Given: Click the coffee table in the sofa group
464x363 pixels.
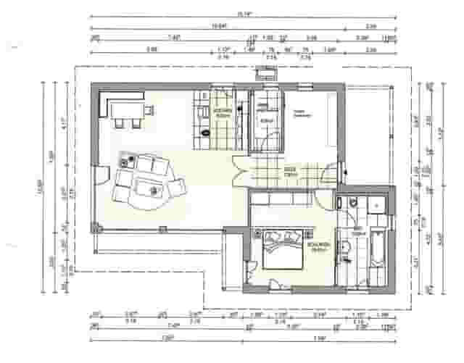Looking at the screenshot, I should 154,189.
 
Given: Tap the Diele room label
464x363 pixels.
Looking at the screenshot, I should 290,172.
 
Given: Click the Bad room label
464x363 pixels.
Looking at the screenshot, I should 357,230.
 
